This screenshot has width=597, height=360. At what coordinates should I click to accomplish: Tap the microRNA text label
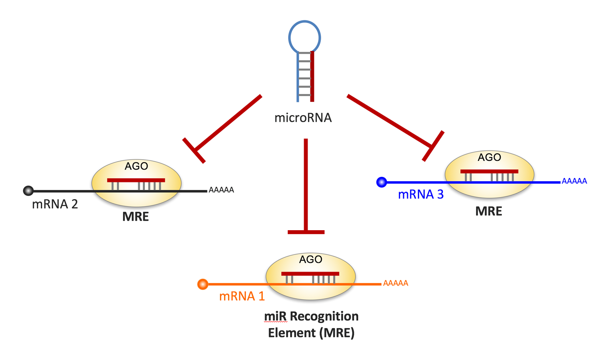pos(303,118)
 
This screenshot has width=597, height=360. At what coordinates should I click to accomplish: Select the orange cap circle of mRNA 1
pos(203,284)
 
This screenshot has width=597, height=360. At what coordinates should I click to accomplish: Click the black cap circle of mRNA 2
pos(28,191)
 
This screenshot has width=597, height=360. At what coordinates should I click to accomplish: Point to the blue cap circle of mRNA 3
pos(382,182)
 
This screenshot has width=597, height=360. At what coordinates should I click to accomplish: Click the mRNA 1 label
pos(242,296)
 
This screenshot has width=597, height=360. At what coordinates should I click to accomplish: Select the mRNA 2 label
pos(55,204)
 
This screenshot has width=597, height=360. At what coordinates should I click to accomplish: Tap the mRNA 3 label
pos(421,194)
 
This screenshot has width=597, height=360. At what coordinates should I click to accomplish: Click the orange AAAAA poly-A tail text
pos(396,283)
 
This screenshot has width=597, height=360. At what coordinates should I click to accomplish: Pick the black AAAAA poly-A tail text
pos(221,190)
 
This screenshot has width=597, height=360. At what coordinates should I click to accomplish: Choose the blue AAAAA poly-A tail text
pos(574,181)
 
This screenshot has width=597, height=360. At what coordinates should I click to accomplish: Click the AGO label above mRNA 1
pos(310,259)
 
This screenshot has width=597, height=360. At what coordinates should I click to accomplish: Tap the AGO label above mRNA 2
pos(137,166)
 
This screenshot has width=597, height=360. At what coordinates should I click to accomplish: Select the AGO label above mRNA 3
pos(489,157)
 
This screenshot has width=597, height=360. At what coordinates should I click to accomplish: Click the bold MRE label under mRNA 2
pos(136,217)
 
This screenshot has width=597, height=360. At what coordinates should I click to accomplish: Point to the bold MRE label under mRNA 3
pos(489,211)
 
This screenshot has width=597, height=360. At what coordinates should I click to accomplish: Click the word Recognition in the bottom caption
pos(324,316)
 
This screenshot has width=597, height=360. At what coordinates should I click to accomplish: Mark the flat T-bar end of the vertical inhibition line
pos(306,232)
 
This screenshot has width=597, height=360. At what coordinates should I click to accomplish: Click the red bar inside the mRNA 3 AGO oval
pos(489,171)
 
